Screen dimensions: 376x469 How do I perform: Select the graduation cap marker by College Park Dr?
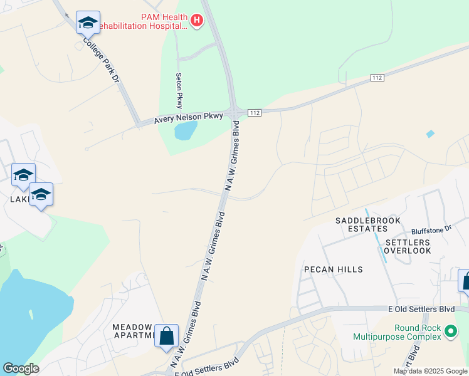87,23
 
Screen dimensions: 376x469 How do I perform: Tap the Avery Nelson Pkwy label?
189,118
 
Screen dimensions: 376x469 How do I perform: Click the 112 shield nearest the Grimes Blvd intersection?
254,112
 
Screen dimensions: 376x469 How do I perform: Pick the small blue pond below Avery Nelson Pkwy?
186,130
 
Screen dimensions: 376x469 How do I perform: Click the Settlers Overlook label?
408,246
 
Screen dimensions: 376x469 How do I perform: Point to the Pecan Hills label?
333,269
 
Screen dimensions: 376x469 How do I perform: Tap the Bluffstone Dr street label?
431,231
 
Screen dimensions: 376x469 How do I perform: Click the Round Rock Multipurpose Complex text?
407,332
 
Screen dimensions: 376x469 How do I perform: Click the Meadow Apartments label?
132,332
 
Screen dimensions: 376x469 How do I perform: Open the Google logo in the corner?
21,368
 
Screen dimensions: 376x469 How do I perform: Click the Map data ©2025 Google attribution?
430,371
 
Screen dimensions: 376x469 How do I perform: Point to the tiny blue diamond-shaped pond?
429,133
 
